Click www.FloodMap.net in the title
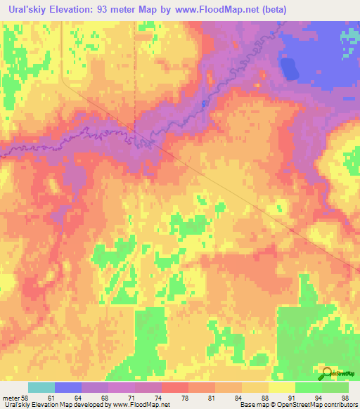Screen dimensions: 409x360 [219, 11]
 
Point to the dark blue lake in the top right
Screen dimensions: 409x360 [288, 68]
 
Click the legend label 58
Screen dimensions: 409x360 [26, 398]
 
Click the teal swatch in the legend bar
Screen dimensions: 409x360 [41, 387]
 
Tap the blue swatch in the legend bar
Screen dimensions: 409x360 [68, 387]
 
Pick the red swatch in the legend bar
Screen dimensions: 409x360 [175, 387]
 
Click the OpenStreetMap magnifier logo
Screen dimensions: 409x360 [328, 375]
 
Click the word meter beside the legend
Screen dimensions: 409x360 [10, 398]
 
